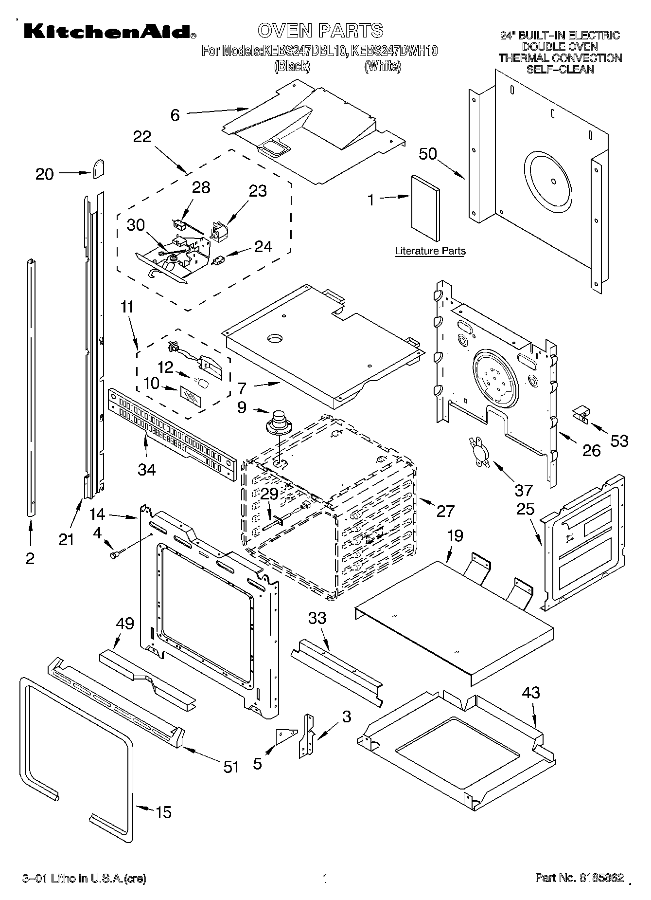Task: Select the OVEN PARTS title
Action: [x=320, y=31]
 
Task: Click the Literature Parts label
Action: [x=430, y=251]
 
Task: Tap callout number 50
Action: [x=428, y=154]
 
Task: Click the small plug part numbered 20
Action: [x=99, y=169]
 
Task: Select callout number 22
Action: [x=142, y=137]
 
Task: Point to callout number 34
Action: [x=146, y=469]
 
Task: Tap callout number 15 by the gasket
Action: [x=163, y=812]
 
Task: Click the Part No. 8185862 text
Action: [x=579, y=879]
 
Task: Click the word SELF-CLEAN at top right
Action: [x=560, y=69]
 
